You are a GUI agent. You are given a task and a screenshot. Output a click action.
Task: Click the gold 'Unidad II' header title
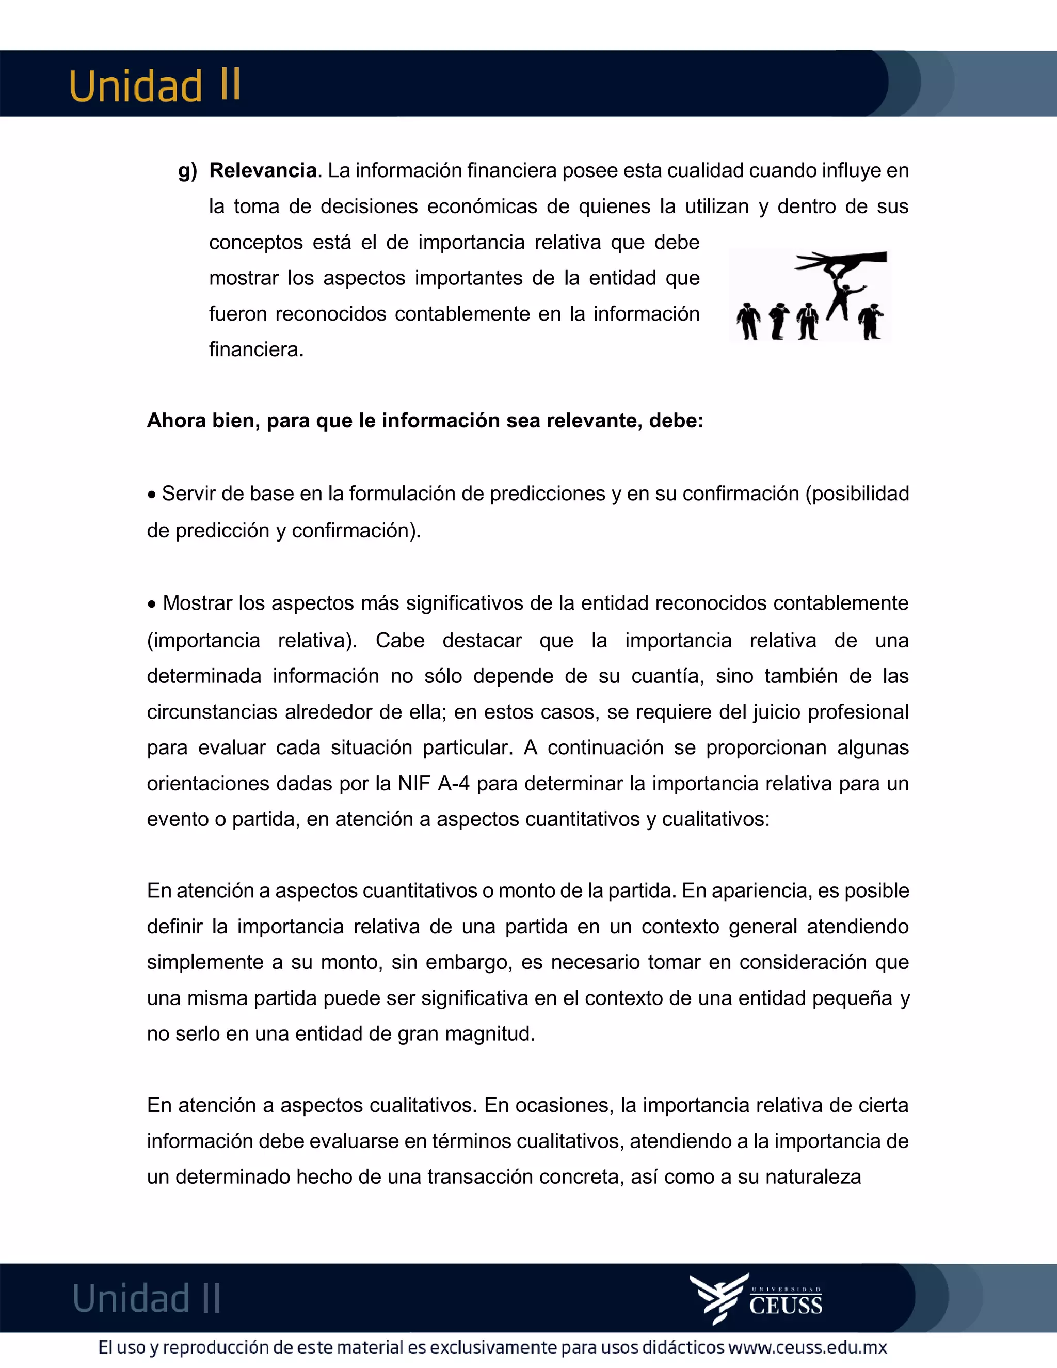coord(155,86)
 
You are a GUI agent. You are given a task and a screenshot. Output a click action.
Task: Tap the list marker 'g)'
coord(187,171)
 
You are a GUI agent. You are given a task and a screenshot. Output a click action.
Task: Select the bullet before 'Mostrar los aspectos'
coord(152,605)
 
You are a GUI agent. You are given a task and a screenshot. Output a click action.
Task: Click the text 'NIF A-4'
coord(434,784)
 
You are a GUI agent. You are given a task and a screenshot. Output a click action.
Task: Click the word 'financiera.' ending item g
coord(256,349)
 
